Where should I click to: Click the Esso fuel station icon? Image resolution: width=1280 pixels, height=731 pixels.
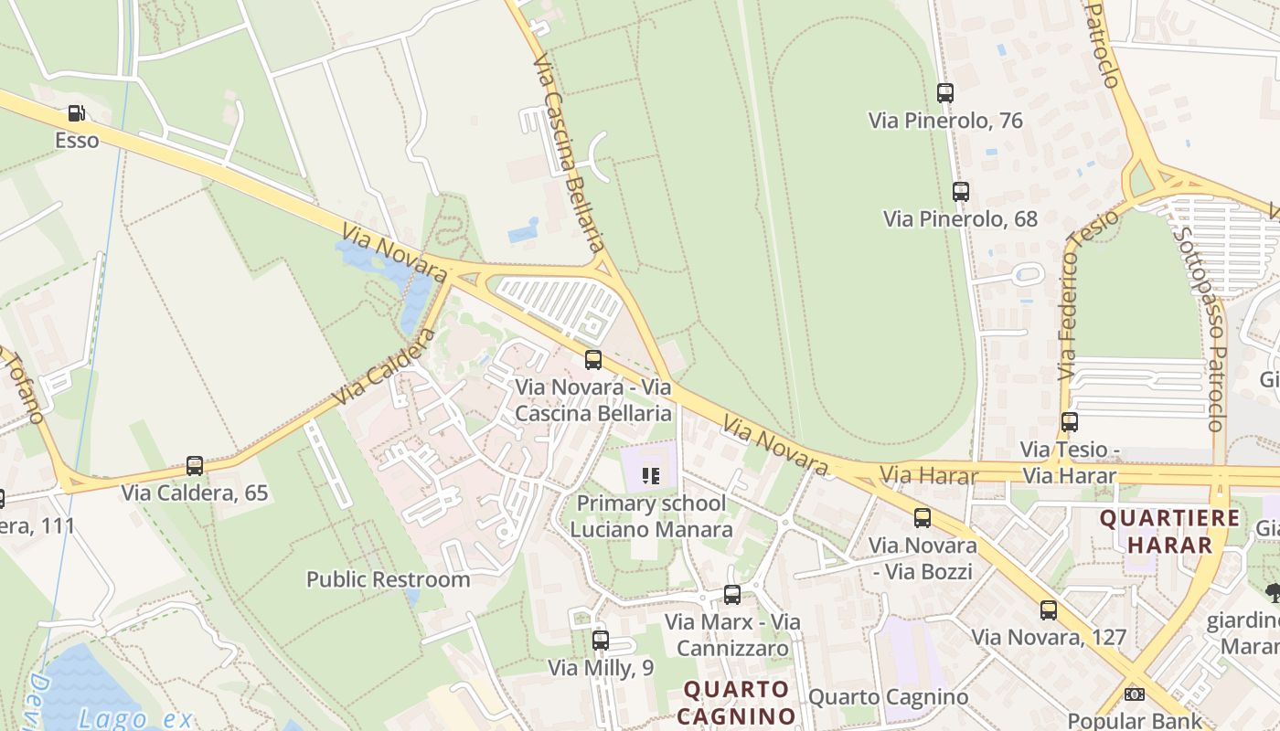pos(77,114)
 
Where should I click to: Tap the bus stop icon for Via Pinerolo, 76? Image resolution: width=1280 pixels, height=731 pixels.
pos(945,93)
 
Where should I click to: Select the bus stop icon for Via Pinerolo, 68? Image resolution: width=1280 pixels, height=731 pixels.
pos(961,192)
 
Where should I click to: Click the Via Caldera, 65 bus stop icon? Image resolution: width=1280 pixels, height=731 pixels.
pos(195,466)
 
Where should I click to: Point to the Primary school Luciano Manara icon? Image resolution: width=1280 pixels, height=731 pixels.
pos(651,475)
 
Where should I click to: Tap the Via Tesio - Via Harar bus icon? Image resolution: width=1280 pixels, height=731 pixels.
pos(1070,422)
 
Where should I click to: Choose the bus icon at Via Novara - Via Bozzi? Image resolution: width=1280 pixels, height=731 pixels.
pos(923,518)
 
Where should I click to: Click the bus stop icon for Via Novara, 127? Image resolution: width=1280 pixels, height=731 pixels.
pos(1049,610)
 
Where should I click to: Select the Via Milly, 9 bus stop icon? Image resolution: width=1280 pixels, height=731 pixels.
pos(601,641)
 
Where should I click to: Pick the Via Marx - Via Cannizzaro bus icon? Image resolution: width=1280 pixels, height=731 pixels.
pos(732,595)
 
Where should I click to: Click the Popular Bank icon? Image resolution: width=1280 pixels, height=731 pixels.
pos(1135,694)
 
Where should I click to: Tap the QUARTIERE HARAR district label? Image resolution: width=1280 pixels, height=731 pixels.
pos(1169,532)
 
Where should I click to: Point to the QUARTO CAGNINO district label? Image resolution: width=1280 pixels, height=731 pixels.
pos(738,701)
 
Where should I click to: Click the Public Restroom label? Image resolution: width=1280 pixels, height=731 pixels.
pos(388,579)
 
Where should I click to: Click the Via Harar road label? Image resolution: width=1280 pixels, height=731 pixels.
pos(929,475)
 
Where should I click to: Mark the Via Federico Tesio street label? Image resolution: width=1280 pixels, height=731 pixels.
pos(1087,295)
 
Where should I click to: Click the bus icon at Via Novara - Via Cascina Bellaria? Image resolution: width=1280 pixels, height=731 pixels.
pos(593,360)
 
